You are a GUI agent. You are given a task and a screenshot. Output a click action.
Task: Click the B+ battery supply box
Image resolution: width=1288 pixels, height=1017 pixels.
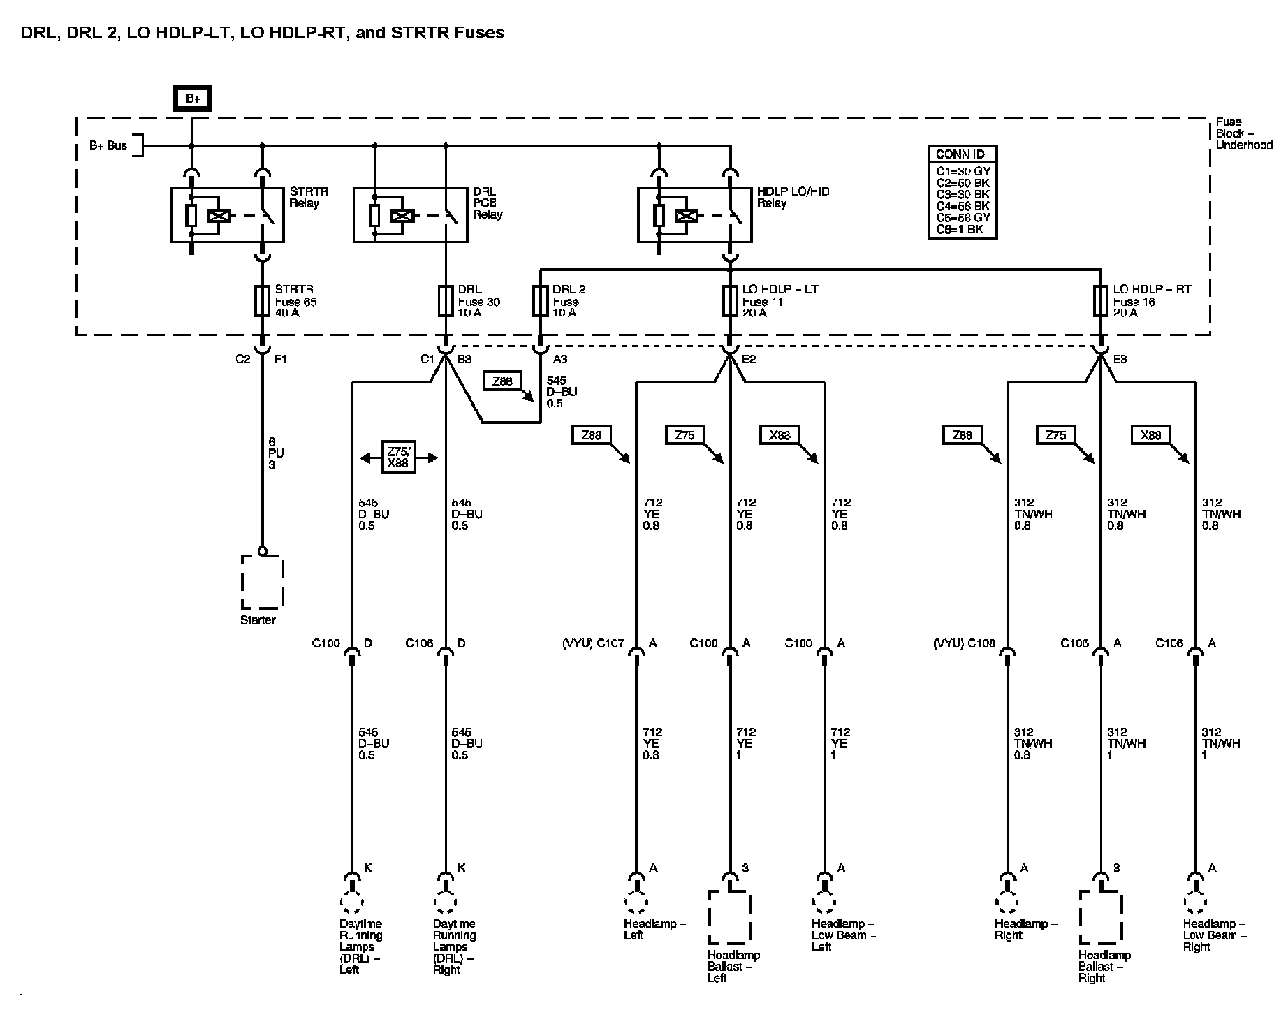(x=192, y=99)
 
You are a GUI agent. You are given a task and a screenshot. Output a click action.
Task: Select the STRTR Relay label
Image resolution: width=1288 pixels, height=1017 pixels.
(x=309, y=197)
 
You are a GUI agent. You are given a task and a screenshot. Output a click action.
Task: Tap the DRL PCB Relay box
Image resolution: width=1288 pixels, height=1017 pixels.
(x=410, y=214)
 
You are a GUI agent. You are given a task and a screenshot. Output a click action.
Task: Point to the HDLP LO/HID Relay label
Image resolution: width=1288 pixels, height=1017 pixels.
(x=793, y=197)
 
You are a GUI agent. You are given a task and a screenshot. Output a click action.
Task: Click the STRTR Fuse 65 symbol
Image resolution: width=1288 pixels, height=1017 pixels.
(x=262, y=301)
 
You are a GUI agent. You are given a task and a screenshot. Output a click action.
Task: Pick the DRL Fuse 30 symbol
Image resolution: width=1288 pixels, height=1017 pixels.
(x=446, y=301)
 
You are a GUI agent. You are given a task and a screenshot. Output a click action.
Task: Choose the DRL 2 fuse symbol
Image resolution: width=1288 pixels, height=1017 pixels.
(x=539, y=301)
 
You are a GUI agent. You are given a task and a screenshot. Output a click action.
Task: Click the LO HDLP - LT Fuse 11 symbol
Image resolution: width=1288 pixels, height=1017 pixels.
(x=730, y=301)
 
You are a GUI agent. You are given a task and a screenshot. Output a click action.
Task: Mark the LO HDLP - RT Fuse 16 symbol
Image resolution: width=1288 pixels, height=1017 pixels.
(x=1100, y=301)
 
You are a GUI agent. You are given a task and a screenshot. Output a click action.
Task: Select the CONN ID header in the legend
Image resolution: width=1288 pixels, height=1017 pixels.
(x=962, y=154)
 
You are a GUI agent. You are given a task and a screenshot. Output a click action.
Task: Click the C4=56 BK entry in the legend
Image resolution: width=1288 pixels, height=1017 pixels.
(x=963, y=206)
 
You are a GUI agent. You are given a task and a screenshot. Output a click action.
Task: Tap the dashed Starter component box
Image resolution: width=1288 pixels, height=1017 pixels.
(x=262, y=582)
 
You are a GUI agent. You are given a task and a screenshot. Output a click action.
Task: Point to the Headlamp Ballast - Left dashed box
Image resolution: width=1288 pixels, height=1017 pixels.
(x=730, y=918)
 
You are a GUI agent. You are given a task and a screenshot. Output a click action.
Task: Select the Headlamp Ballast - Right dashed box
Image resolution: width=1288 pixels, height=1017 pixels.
(x=1100, y=918)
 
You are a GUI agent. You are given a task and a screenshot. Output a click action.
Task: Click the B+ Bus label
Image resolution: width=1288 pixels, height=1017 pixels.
(x=108, y=146)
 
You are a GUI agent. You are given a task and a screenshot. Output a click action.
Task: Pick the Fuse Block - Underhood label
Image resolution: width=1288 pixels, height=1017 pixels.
(x=1244, y=133)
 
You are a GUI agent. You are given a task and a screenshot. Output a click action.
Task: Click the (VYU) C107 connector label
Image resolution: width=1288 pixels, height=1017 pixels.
(x=593, y=643)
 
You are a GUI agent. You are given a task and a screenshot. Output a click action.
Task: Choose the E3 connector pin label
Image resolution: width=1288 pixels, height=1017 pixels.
(x=1119, y=359)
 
